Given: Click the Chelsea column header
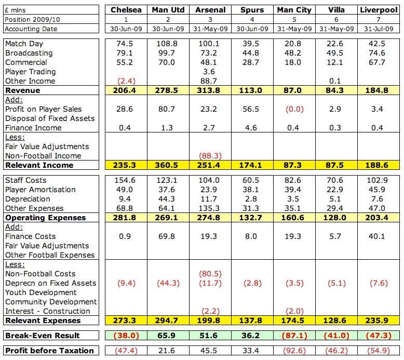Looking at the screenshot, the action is point(126,10).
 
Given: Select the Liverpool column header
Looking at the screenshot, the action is point(379,10).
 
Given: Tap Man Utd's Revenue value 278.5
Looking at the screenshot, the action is point(167,90).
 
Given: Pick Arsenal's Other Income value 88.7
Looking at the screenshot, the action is point(209,81).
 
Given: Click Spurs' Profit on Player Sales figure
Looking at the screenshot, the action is point(251,109).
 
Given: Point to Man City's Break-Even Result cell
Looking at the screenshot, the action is point(294,336).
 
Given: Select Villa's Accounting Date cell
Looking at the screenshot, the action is point(336,29).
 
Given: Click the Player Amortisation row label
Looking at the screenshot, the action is point(41,190).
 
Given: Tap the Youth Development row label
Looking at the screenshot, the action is point(41,292).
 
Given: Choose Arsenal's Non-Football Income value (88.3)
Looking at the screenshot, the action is point(210,156).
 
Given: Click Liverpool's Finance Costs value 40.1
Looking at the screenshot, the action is point(376,236).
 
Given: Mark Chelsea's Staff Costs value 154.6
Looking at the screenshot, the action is point(125,180).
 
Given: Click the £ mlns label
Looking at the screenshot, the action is point(16,10).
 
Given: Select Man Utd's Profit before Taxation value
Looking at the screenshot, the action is point(167,351).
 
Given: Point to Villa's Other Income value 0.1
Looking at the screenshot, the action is point(335,81).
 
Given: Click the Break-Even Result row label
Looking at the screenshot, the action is point(43,336).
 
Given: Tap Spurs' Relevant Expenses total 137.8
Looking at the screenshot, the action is point(251,321).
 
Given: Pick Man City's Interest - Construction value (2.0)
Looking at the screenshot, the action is point(294,311).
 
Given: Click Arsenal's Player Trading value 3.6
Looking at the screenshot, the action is point(209,72).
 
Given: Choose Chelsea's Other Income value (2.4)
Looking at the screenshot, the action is point(126,81).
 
